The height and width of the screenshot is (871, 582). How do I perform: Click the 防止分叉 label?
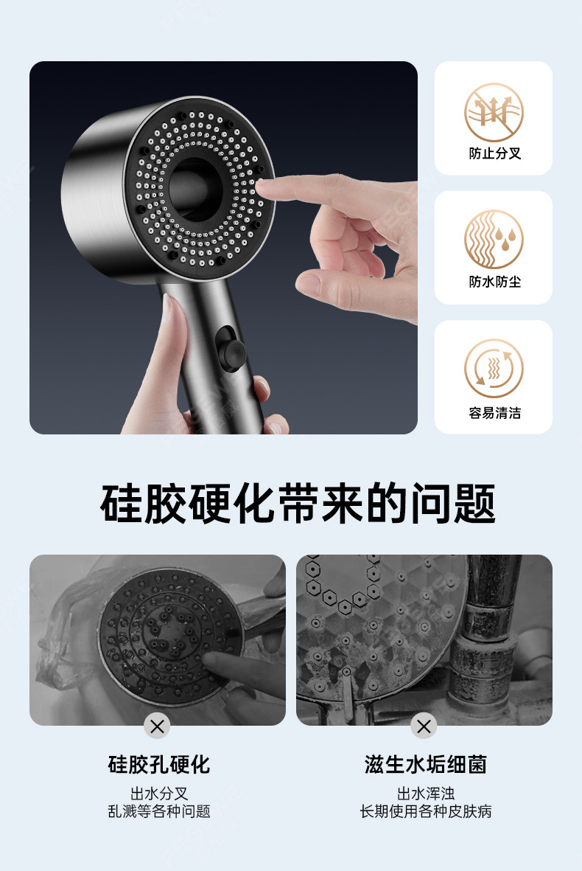pyautogui.click(x=495, y=153)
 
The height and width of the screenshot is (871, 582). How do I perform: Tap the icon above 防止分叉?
pyautogui.click(x=494, y=112)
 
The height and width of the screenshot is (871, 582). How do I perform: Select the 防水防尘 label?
pyautogui.click(x=495, y=282)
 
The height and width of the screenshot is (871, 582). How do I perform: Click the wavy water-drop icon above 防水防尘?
pyautogui.click(x=494, y=240)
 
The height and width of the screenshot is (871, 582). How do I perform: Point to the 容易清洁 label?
pyautogui.click(x=495, y=413)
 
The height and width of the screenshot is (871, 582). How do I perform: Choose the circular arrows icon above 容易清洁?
pyautogui.click(x=494, y=368)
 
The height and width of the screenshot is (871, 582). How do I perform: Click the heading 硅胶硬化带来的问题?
pyautogui.click(x=298, y=503)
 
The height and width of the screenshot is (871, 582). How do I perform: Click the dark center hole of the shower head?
pyautogui.click(x=195, y=190)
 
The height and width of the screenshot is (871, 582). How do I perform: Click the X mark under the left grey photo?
pyautogui.click(x=157, y=726)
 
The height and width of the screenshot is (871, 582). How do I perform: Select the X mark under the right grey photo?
pyautogui.click(x=424, y=726)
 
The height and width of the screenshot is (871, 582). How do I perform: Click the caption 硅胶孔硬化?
pyautogui.click(x=159, y=765)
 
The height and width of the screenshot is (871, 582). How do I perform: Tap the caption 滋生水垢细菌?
pyautogui.click(x=426, y=765)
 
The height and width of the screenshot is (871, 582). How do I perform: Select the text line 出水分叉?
pyautogui.click(x=159, y=794)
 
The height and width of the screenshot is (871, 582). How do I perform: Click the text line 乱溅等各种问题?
pyautogui.click(x=159, y=811)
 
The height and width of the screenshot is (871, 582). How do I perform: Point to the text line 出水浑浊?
pyautogui.click(x=426, y=794)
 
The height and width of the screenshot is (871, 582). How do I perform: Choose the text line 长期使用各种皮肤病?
pyautogui.click(x=426, y=811)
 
